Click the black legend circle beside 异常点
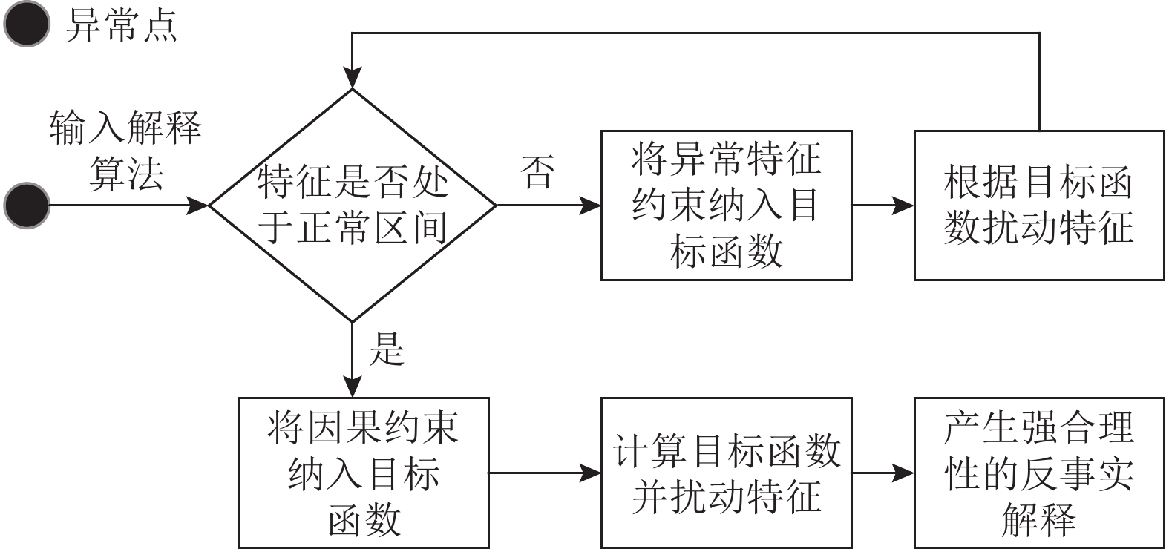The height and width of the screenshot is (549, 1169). coord(27,24)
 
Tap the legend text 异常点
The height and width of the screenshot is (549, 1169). coord(121,25)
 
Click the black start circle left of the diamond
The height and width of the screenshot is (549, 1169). coord(27,205)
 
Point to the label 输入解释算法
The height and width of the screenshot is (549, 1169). coord(125,151)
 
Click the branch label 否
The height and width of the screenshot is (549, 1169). coord(537,171)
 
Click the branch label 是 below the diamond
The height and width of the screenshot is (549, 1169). coord(387,349)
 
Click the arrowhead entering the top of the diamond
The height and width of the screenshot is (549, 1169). coord(353,79)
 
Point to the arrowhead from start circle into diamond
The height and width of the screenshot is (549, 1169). coord(197,205)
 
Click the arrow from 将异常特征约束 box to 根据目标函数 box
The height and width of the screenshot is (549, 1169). coord(883,205)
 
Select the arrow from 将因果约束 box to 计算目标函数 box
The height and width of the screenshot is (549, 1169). coord(545,473)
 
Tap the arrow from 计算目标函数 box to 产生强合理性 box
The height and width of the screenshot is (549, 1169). coord(883,473)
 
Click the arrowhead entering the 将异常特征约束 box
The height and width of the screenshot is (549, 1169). coord(590,205)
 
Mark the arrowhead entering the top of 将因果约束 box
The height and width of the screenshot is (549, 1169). coord(353,387)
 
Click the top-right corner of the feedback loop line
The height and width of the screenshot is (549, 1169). coord(1039,33)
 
